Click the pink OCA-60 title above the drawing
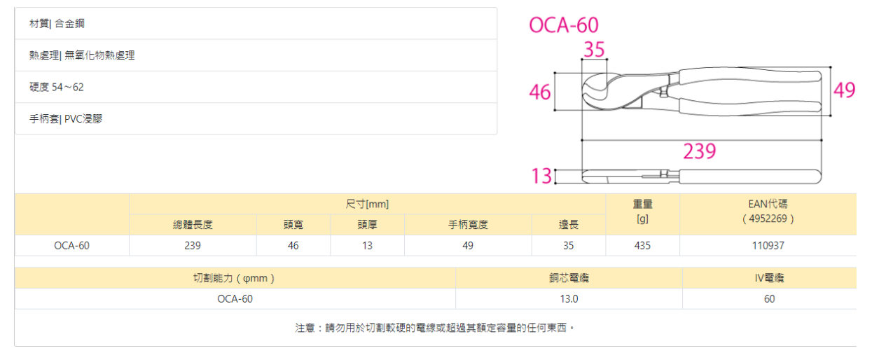[564, 25]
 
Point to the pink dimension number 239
[699, 151]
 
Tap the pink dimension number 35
[594, 50]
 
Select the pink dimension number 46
[539, 92]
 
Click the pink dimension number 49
[844, 90]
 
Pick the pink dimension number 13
[541, 175]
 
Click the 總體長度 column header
[193, 225]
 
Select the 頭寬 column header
[293, 225]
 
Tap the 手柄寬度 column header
[468, 225]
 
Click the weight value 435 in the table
[642, 245]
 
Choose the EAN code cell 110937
[767, 245]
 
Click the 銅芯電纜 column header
[569, 278]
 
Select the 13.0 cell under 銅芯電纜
[569, 298]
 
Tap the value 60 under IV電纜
[769, 298]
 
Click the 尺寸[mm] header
[367, 204]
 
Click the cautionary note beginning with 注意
[435, 327]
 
